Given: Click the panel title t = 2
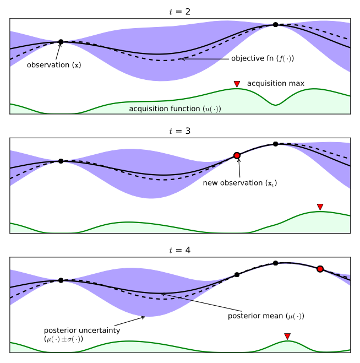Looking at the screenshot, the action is coord(180,12).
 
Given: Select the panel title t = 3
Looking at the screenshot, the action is coord(180,131).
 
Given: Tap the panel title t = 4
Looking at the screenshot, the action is coord(180,250).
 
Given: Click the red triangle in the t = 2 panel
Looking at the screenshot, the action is coord(237,84).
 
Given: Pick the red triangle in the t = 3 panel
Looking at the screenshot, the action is coord(320,207).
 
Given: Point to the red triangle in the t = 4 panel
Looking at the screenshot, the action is coord(287,336).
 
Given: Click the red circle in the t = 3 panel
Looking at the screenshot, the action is coord(237,155).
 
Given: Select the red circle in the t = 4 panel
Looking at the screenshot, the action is coord(320,269).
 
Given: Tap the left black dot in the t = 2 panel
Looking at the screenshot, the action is coord(61,42).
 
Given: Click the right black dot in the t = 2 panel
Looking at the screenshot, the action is coord(275,25).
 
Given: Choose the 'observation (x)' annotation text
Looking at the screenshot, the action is coord(54,65).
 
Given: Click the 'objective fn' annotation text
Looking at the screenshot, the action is coord(263,58).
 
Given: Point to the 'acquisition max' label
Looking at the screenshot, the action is coord(276,83).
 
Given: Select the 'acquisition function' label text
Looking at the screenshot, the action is coord(175,109).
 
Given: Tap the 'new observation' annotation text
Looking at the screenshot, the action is coord(240,183).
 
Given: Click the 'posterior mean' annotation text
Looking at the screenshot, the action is coord(266,316).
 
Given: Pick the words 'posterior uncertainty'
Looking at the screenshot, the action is coord(82,331).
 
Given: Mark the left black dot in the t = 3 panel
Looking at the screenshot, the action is coord(61,161).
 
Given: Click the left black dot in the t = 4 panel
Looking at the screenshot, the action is coord(61,280).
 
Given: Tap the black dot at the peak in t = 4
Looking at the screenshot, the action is coord(275,263).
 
